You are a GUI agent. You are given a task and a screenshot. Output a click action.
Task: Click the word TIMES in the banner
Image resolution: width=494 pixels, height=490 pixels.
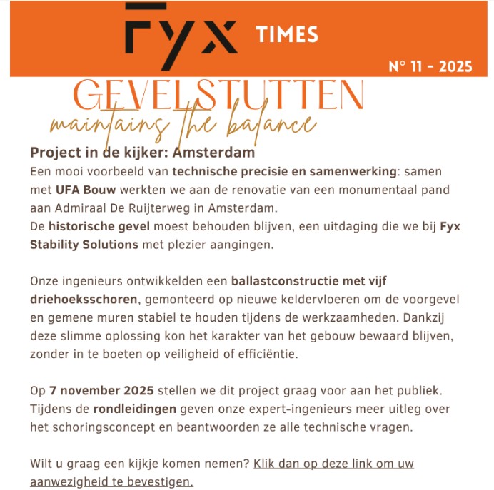pos(286,34)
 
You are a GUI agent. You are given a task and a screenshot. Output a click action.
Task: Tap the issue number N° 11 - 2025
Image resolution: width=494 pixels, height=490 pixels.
pos(430,67)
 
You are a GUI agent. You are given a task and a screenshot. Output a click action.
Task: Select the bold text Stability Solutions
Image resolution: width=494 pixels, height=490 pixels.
pos(84,245)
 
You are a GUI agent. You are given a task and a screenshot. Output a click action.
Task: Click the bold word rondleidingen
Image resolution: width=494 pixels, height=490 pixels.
pos(136,409)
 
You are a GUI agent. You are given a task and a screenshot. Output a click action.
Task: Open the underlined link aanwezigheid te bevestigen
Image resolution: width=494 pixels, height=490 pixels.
pos(111,481)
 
